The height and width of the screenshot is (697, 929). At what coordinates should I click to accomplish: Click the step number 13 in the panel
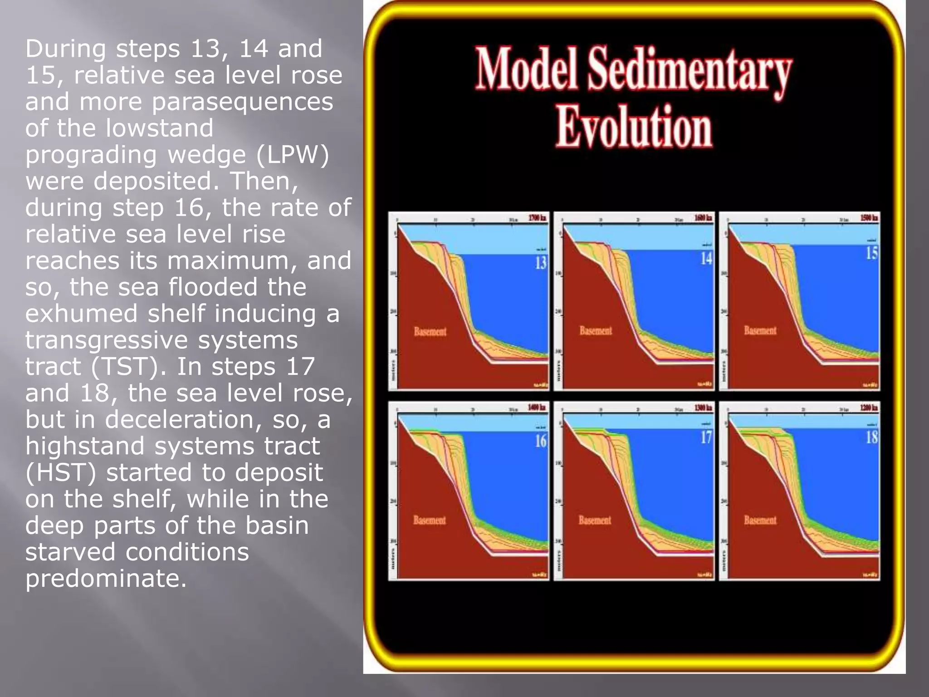click(x=541, y=262)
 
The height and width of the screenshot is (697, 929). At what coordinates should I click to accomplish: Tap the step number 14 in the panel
click(x=706, y=258)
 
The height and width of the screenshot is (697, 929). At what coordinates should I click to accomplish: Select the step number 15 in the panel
click(x=872, y=253)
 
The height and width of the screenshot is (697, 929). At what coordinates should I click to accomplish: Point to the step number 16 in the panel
click(x=541, y=441)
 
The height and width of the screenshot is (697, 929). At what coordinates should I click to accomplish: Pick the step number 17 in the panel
click(x=706, y=437)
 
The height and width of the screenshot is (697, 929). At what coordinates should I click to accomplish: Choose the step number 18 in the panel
click(x=872, y=437)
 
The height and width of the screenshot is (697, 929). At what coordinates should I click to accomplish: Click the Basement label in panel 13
click(x=430, y=332)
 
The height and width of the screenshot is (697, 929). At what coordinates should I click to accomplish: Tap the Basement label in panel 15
click(x=760, y=331)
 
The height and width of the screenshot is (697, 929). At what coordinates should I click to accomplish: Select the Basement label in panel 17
click(x=595, y=520)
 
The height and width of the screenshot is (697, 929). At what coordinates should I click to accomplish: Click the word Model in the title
click(x=526, y=69)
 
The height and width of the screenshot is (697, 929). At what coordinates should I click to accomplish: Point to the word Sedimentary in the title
click(x=689, y=73)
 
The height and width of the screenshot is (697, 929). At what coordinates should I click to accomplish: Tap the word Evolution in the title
click(x=634, y=127)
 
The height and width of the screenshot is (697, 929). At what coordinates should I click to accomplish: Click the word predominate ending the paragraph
click(x=106, y=579)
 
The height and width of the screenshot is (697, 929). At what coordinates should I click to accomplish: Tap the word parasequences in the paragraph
click(x=243, y=102)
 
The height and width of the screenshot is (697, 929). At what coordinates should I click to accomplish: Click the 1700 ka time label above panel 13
click(x=537, y=218)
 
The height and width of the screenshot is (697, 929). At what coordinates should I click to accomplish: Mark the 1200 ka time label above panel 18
click(x=869, y=407)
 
